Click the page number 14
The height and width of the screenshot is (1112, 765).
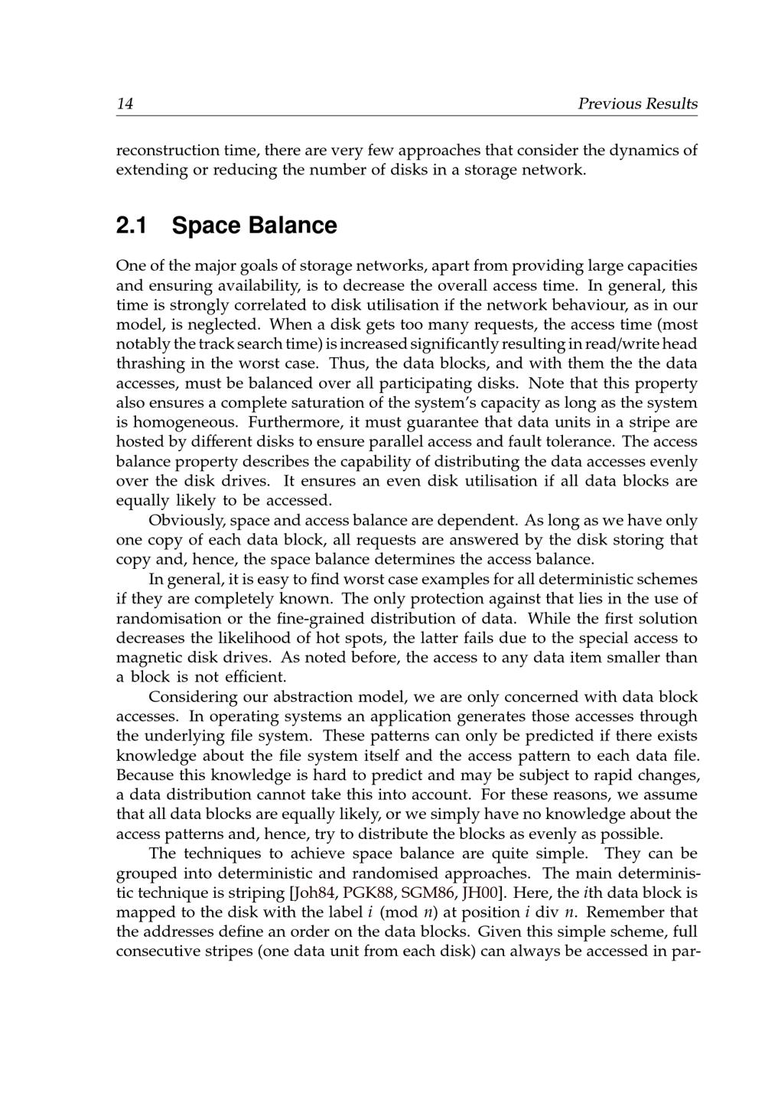125,104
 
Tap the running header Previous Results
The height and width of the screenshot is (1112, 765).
637,104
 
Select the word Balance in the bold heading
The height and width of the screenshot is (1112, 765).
295,226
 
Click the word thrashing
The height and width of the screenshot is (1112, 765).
151,364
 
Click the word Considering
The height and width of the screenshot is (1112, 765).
193,697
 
